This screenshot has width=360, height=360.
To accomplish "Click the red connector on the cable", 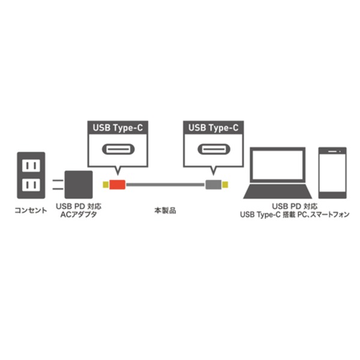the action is point(118,185).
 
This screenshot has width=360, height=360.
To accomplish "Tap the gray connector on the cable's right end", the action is point(213,185).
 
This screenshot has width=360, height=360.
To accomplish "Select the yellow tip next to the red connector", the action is point(106,185).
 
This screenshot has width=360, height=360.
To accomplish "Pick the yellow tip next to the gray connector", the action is point(225,185).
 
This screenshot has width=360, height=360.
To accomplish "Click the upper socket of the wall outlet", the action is point(31,166).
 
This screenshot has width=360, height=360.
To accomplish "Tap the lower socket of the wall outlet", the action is point(31,185).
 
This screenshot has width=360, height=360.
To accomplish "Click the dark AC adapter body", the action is point(79,185).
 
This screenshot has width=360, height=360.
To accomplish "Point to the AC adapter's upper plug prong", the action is point(58,181).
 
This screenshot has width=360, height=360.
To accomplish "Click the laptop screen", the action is point(278,165).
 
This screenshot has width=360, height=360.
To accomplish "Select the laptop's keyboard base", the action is point(277,191).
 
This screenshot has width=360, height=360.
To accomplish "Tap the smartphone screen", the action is point(332,173).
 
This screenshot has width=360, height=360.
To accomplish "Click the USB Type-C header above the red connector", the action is point(118,128).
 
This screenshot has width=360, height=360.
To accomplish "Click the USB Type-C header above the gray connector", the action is point(213,128).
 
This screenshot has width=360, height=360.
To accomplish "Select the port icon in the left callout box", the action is point(118,149).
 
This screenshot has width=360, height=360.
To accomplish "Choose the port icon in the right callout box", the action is point(214,149).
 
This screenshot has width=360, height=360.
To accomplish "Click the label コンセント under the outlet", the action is point(31,211).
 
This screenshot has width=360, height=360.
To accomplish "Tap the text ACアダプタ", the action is point(79,215).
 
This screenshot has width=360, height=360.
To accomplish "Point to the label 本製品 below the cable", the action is point(166,211).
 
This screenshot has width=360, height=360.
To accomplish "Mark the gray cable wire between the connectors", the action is point(166,185).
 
